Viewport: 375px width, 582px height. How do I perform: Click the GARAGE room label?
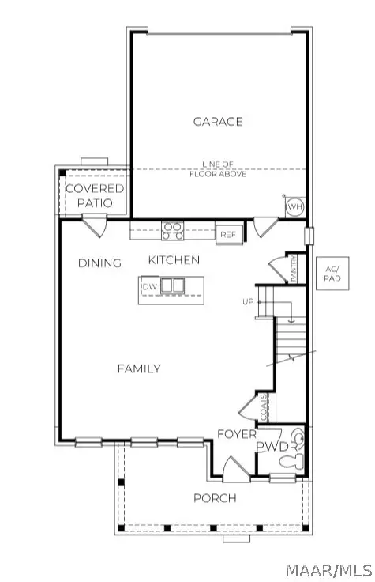click(x=217, y=122)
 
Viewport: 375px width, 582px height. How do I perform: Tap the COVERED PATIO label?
click(x=95, y=196)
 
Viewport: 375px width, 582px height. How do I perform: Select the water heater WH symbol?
click(x=294, y=207)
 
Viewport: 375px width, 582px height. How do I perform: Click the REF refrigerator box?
click(x=228, y=234)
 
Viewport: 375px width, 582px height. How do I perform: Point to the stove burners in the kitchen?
click(x=173, y=231)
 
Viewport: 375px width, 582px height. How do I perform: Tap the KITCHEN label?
click(x=174, y=260)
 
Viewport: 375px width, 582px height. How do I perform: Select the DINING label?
click(x=99, y=263)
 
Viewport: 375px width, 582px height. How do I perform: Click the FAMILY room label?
click(x=139, y=368)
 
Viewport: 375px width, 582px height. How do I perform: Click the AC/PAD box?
click(x=332, y=274)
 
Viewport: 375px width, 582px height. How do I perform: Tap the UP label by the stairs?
click(x=246, y=302)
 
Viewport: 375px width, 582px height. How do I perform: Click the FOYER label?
click(x=237, y=434)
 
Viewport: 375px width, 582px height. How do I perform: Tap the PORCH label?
click(x=215, y=497)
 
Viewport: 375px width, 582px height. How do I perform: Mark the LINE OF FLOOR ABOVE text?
click(x=217, y=168)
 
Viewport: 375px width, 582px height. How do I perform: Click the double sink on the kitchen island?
click(x=173, y=285)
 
